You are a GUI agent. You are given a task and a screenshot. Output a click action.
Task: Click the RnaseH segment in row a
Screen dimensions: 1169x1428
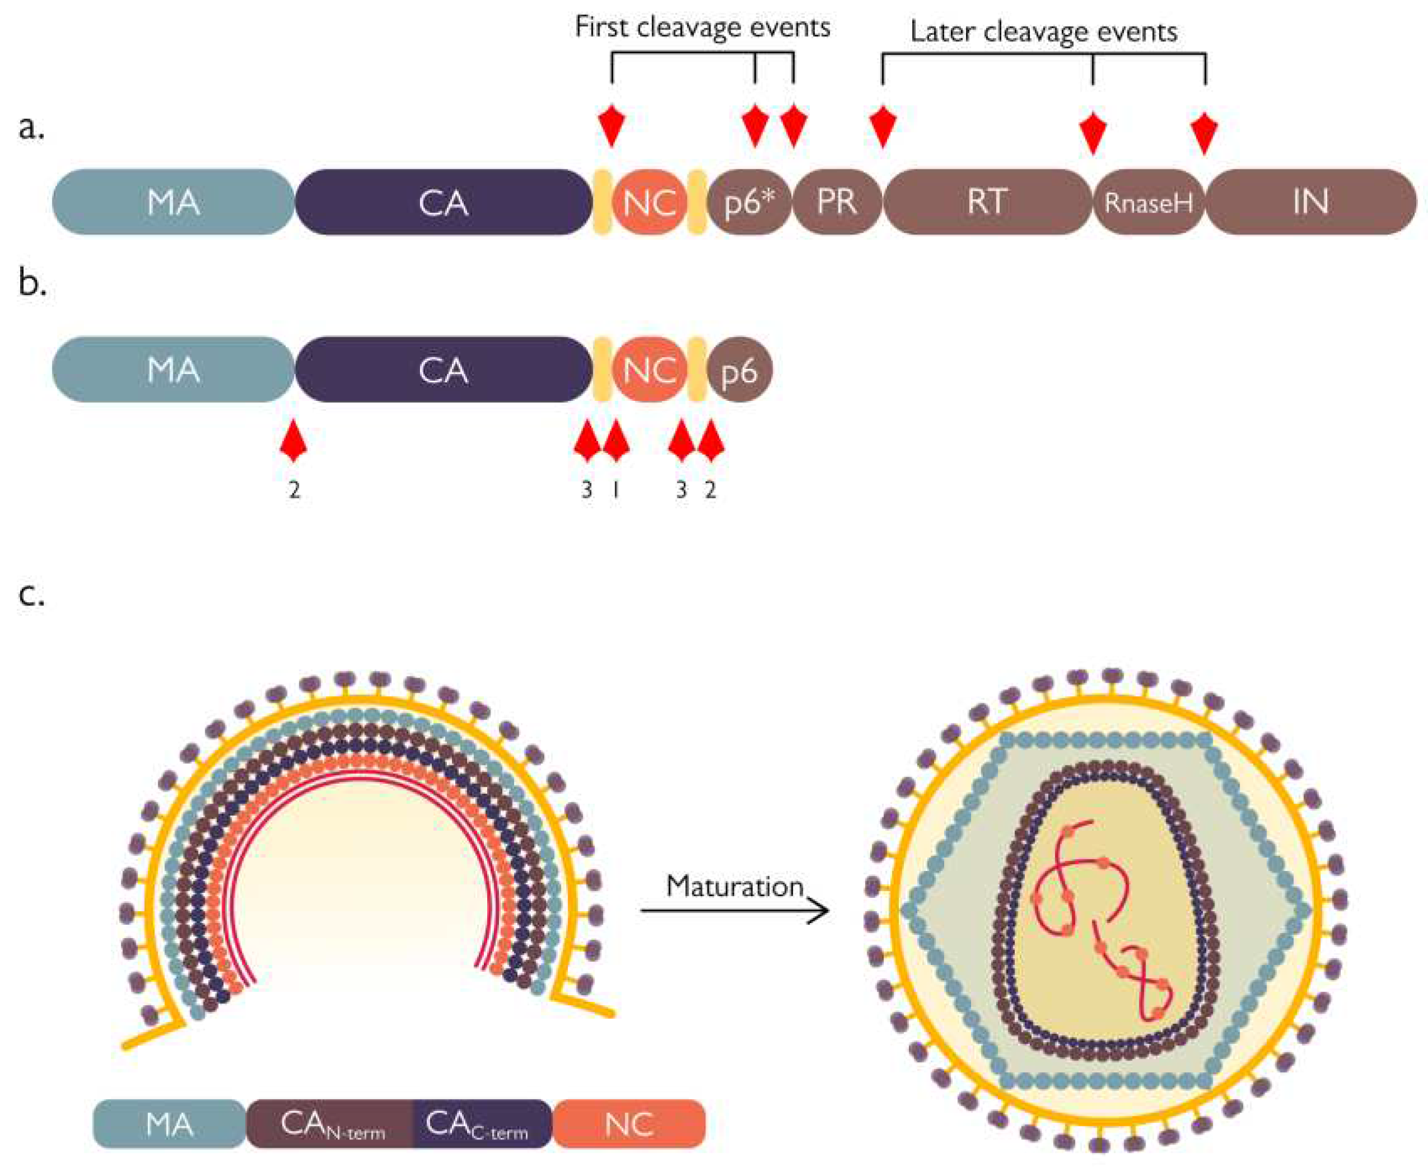[x=1148, y=202]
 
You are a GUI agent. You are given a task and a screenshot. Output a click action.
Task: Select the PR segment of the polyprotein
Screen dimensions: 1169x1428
[x=837, y=202]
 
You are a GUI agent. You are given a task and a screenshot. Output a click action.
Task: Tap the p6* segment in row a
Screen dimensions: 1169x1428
[x=749, y=202]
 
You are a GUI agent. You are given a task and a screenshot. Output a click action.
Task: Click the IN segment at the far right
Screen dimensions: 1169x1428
[x=1310, y=202]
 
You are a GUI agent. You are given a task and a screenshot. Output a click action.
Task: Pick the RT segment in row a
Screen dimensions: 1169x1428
[x=987, y=202]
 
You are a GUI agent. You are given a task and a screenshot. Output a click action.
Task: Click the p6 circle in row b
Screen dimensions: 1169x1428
[x=739, y=370]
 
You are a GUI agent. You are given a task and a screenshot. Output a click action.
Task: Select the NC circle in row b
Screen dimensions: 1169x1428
[x=649, y=370]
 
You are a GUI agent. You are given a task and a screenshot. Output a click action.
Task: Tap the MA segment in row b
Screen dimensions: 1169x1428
[x=173, y=370]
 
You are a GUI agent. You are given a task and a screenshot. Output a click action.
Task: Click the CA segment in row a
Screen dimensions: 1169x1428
[x=443, y=202]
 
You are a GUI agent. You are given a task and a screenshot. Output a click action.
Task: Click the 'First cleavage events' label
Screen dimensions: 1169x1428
[x=702, y=27]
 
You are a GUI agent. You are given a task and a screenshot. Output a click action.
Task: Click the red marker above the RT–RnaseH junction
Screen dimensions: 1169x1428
[x=1092, y=131]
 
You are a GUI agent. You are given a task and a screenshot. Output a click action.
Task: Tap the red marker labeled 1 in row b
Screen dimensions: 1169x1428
[x=616, y=441]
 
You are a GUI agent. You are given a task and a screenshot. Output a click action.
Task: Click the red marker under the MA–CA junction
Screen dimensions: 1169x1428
[x=294, y=441]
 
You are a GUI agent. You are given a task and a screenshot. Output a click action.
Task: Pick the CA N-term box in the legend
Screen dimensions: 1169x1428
[x=330, y=1125]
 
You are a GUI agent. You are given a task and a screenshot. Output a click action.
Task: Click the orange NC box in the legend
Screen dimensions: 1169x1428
[x=629, y=1125]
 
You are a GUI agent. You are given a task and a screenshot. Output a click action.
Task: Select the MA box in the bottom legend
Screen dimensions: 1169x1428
[x=169, y=1125]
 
